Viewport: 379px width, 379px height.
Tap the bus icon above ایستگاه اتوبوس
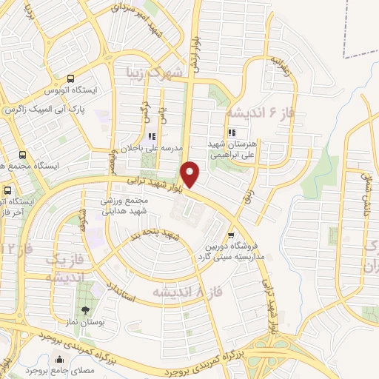[70, 78]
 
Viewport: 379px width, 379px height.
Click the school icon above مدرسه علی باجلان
[152, 135]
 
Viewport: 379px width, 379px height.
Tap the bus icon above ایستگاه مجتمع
[23, 156]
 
